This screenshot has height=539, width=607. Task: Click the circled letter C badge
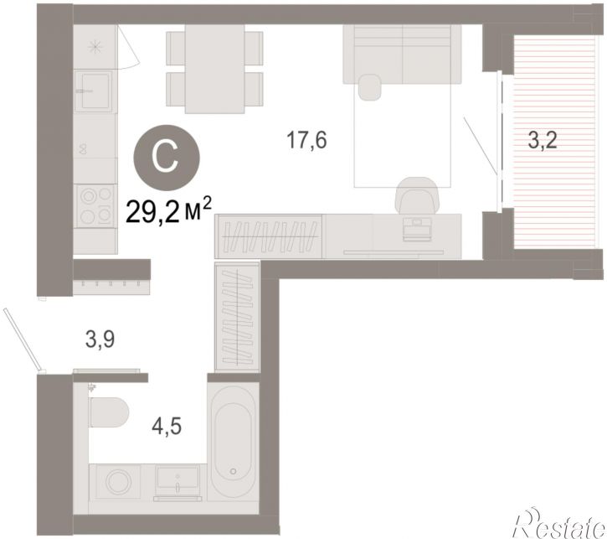tap(167, 158)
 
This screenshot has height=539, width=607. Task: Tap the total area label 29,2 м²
tap(169, 210)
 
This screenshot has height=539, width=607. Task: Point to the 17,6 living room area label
tap(306, 140)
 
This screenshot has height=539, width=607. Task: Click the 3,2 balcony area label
tap(543, 140)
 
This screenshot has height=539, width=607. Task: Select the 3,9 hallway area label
tap(100, 339)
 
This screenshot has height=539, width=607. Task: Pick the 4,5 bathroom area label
tap(167, 427)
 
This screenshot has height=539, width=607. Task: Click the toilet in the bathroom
tap(108, 412)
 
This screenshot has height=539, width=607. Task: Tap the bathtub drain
tap(233, 472)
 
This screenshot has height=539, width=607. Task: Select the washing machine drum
tap(118, 483)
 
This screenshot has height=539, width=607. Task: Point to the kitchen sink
tap(94, 91)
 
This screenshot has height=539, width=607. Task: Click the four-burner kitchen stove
tap(95, 205)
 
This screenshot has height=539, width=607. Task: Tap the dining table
tap(215, 69)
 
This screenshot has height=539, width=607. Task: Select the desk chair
tap(416, 195)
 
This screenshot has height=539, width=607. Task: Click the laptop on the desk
tap(417, 229)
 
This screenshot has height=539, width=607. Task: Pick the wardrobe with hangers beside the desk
tap(269, 236)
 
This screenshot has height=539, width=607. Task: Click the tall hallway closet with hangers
tap(237, 318)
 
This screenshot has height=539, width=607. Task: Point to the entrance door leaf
tap(21, 339)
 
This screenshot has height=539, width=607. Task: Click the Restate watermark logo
tap(559, 524)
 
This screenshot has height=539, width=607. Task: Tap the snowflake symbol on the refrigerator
tap(95, 47)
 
